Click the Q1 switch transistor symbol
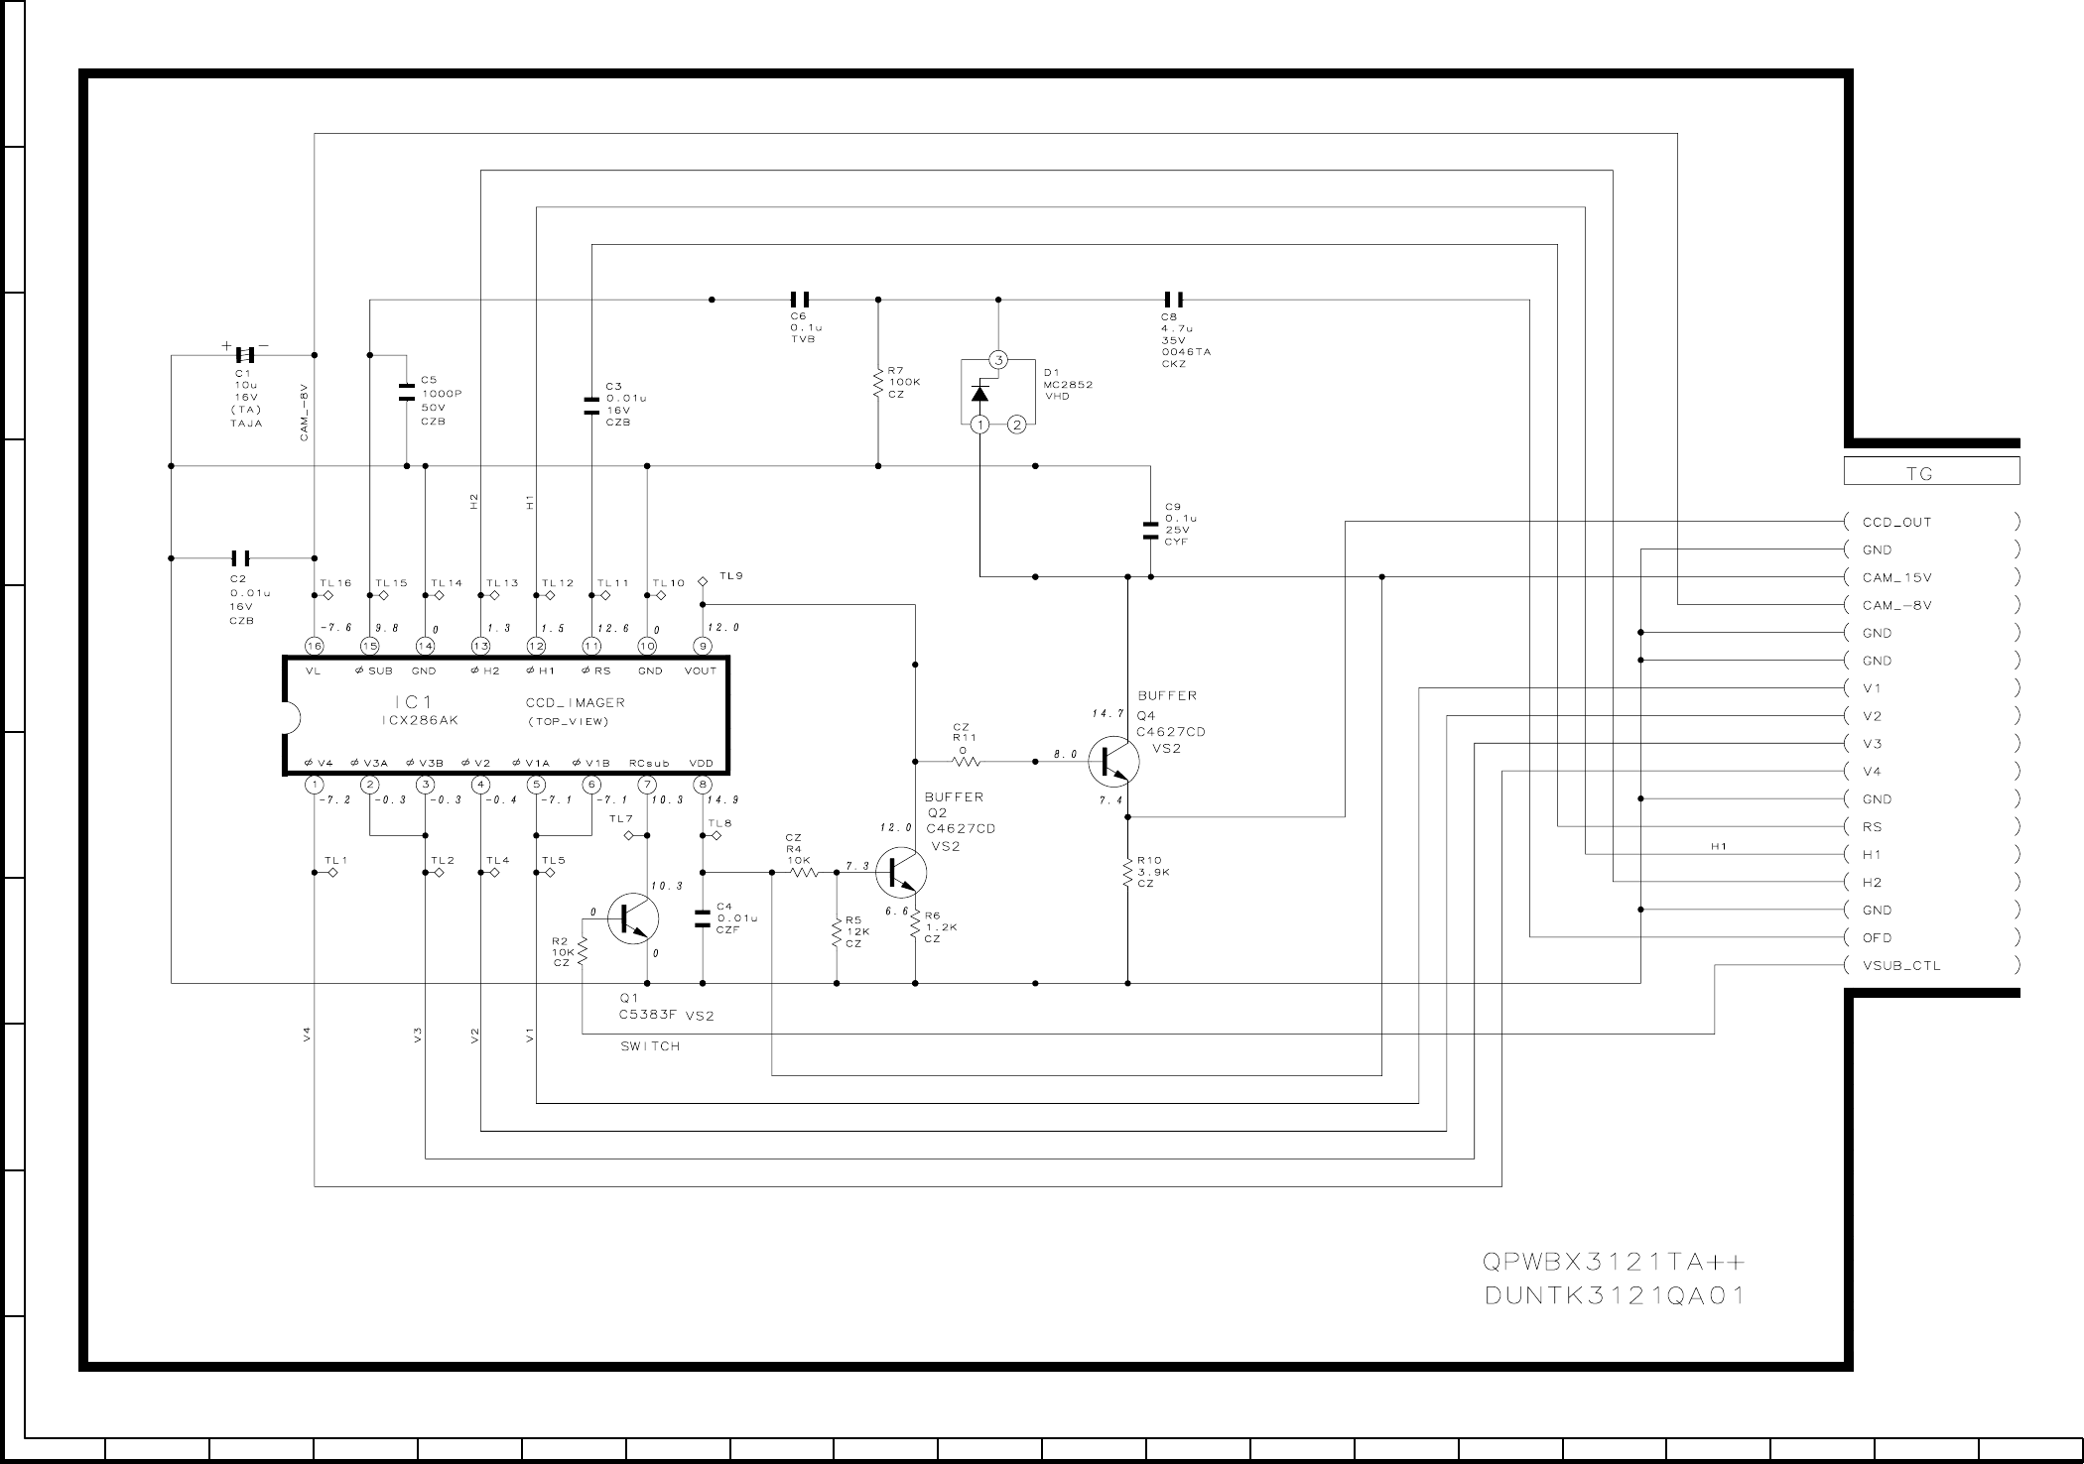632,918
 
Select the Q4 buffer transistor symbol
1113,762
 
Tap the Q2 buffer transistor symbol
902,873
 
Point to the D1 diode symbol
980,393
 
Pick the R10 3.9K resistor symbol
1127,873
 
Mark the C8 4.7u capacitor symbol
1173,300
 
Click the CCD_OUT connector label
1896,522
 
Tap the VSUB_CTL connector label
1900,965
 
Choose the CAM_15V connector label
1896,577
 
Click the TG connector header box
1930,472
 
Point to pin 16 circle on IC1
314,646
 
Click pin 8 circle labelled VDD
703,785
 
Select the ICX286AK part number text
420,721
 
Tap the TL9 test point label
731,575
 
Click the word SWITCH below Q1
650,1046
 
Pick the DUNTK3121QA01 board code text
1615,1295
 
